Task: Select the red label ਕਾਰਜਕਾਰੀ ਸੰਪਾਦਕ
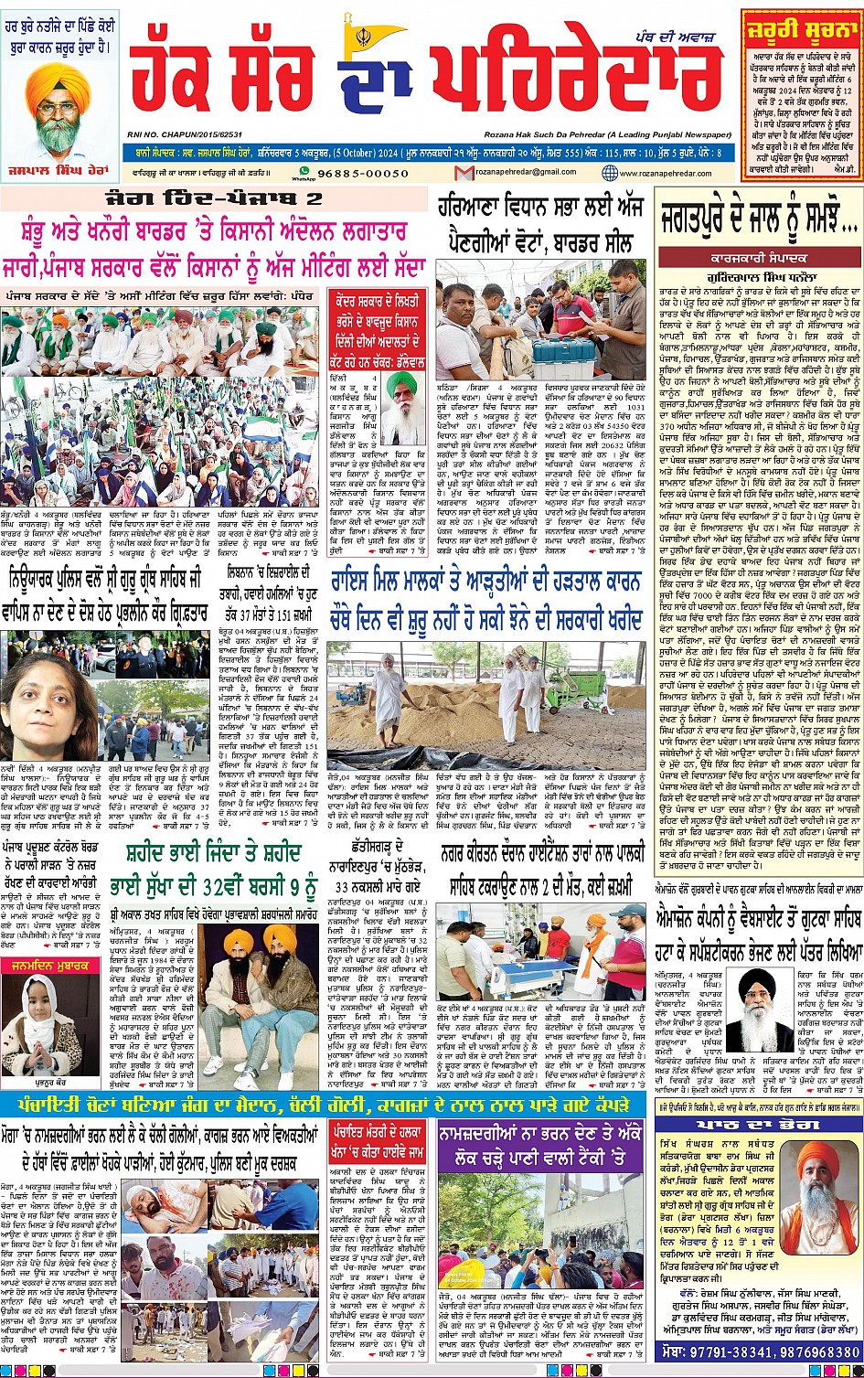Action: coord(757,259)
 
